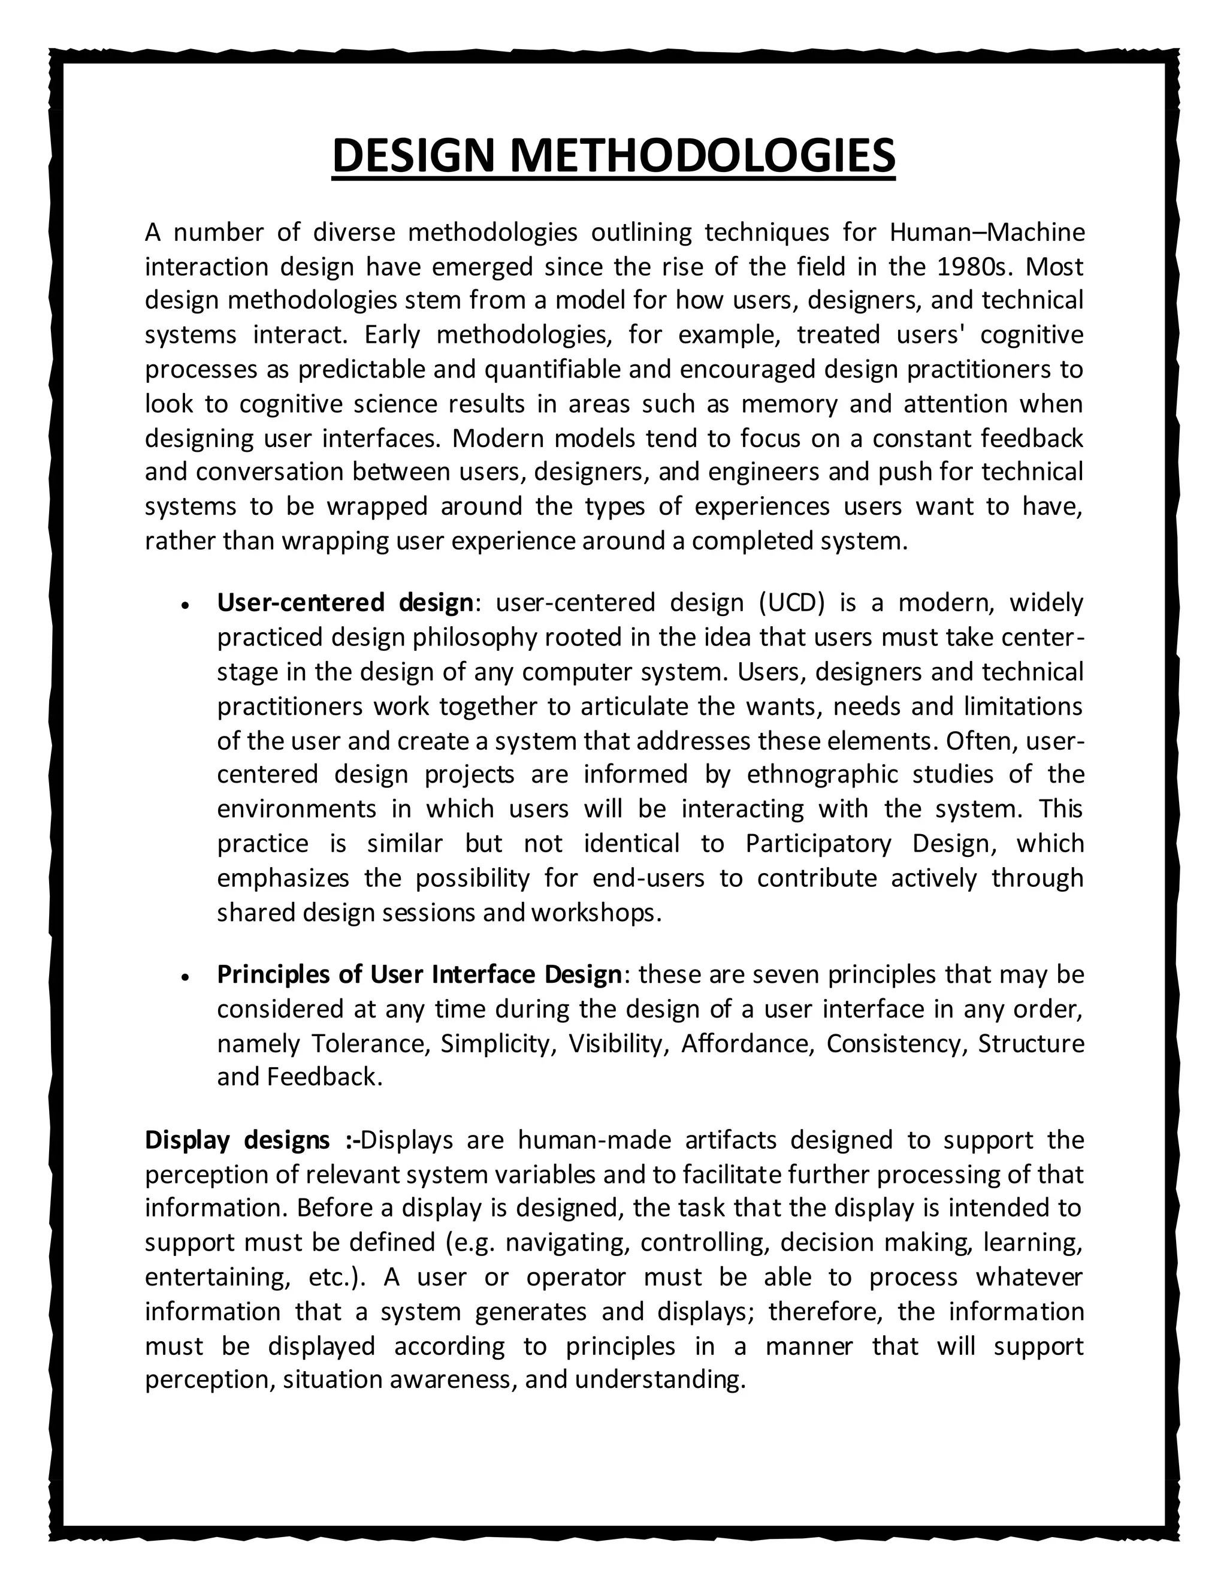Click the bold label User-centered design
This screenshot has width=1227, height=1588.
(345, 603)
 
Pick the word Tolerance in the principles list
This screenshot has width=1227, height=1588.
(365, 1043)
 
